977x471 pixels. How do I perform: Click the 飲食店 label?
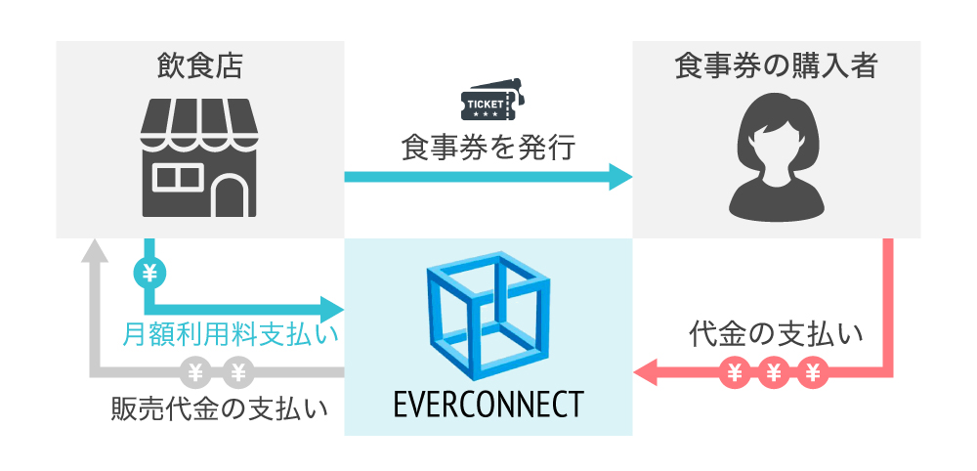pos(199,66)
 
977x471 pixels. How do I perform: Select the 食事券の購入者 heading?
pos(777,66)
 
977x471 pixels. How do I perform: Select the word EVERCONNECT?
pos(488,403)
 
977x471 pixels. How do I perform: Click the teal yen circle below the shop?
pos(149,274)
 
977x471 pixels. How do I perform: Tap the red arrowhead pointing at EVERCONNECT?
pos(646,371)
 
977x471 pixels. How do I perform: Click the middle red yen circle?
pos(775,371)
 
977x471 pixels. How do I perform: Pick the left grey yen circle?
pos(195,371)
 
